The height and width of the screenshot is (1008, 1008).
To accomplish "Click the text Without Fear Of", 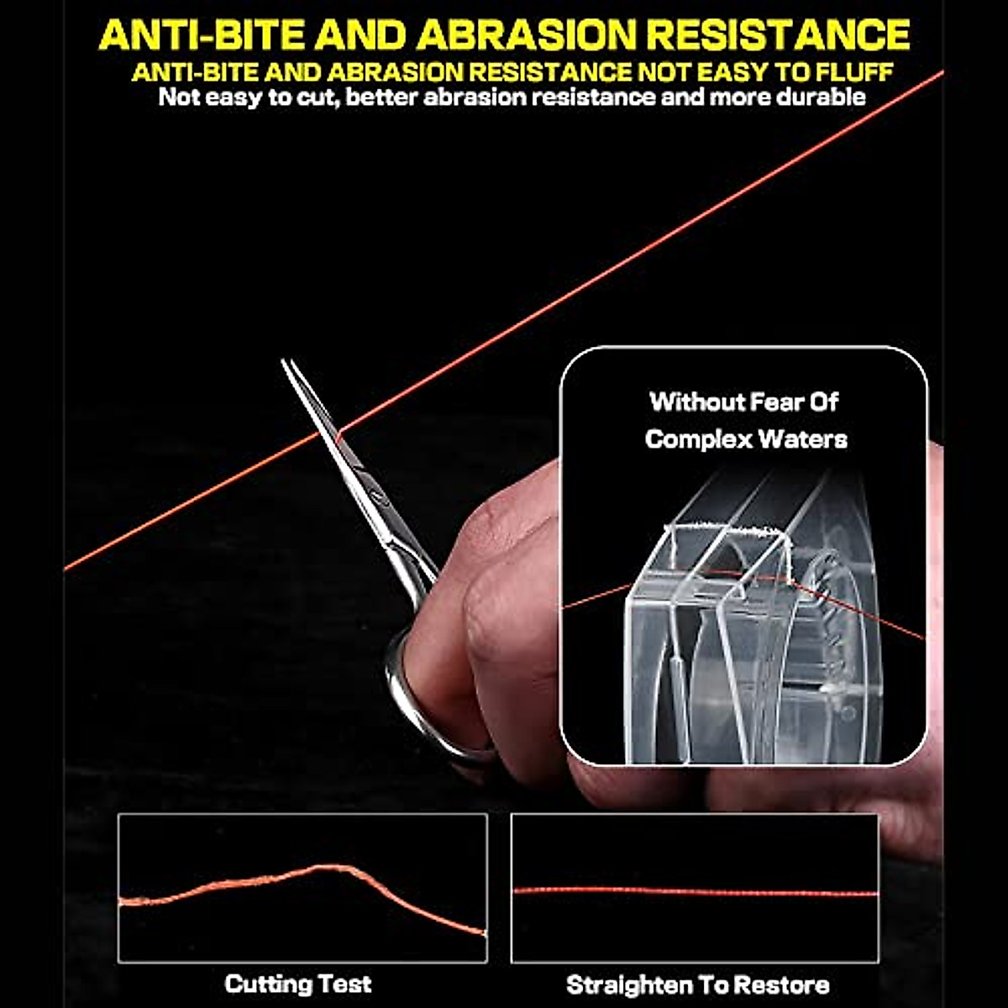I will pos(744,402).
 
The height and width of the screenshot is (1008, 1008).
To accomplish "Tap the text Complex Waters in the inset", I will pos(746,438).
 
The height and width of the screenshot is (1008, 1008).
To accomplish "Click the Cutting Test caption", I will pos(297,984).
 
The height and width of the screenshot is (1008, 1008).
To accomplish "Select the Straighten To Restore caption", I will pos(697,984).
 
